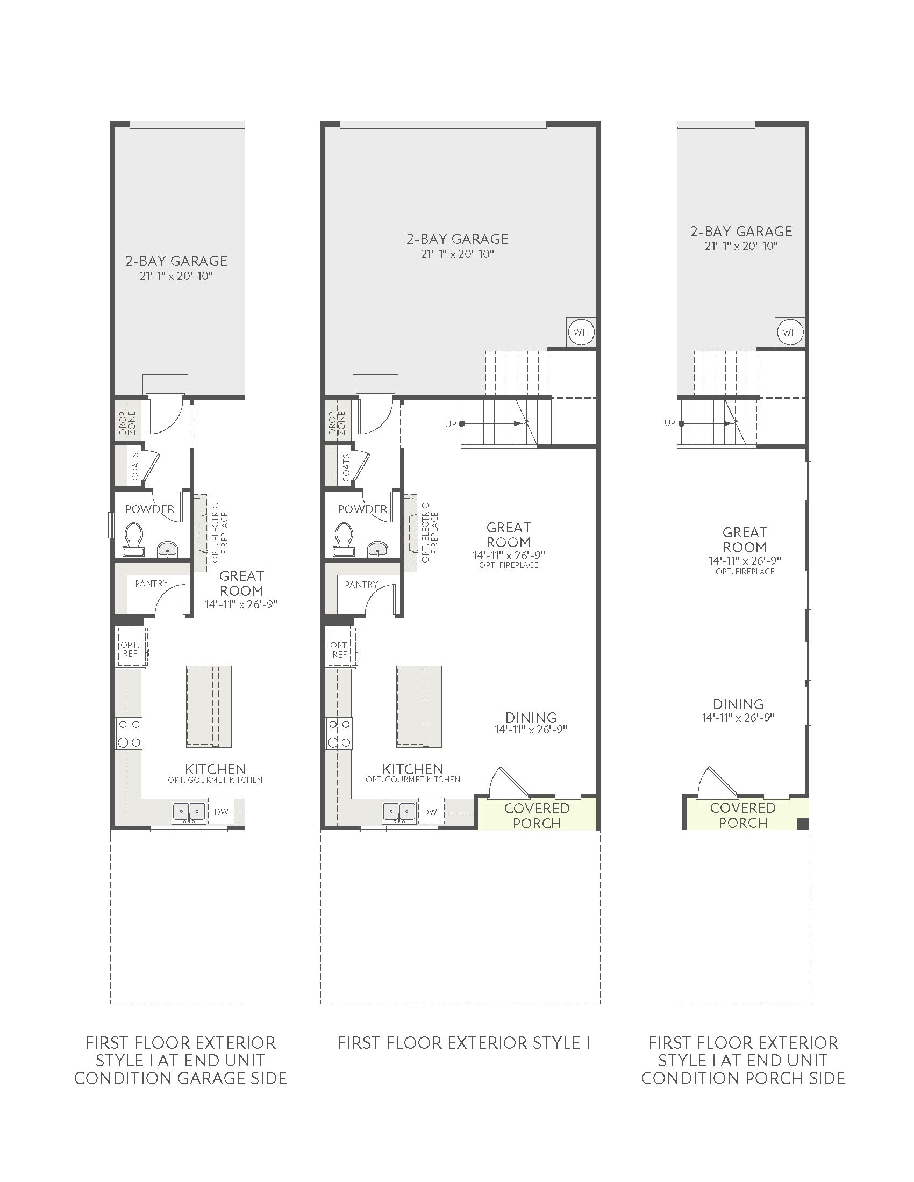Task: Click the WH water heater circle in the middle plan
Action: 581,331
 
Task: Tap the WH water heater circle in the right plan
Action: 790,331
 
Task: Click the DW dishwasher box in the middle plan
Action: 431,811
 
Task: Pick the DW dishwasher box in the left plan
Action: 221,811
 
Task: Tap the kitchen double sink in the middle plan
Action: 399,812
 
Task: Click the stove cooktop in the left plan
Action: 128,733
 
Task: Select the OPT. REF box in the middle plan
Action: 339,650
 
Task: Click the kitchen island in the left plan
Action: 209,707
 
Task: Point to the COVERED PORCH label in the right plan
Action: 743,815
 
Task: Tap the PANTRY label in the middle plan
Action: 361,585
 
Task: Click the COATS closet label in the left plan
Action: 135,466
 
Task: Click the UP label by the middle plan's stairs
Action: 451,424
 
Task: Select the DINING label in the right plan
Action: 738,704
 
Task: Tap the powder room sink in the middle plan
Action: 377,549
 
